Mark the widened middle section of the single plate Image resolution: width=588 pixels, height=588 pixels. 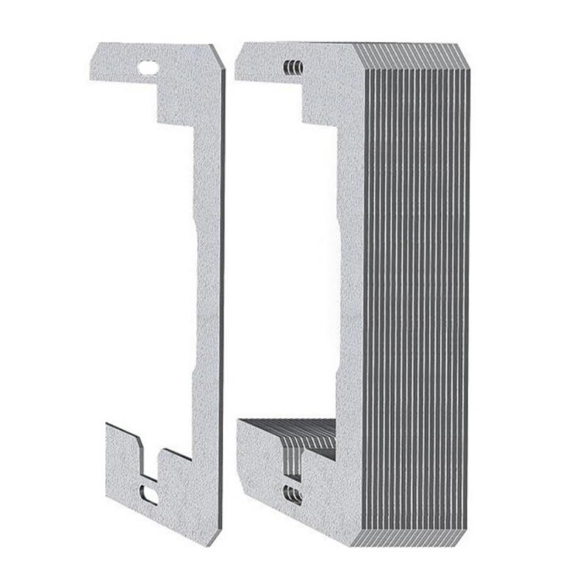(208, 294)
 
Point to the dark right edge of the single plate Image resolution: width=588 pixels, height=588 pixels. (221, 294)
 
